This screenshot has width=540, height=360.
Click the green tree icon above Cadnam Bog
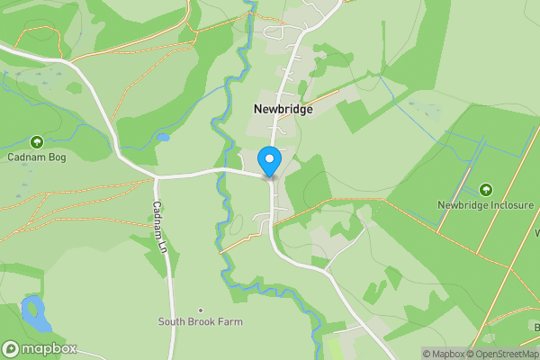coord(37,142)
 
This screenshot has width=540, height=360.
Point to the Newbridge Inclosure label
coord(485,205)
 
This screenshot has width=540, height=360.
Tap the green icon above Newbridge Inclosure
coord(486,189)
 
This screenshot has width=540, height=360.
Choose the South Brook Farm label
coord(201,321)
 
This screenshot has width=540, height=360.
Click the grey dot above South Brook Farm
coord(201,310)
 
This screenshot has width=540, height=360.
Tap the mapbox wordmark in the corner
coord(49,349)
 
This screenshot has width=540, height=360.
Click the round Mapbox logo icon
coord(11,349)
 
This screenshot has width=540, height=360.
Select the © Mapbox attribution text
coord(445,354)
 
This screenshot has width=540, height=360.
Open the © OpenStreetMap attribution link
coord(505,354)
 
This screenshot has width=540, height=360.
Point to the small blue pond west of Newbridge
coord(162,138)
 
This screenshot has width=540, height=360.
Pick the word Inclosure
coord(511,205)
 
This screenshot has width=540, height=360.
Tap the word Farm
coord(229,321)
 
